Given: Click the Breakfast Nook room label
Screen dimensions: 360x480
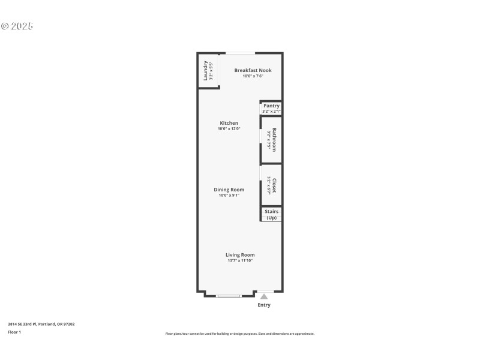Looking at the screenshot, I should point(253,70).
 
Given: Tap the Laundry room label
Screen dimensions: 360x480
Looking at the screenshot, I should point(206,70).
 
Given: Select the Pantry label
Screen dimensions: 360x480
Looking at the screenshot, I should point(271,106).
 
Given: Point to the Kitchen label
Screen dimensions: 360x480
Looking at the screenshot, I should point(229,123).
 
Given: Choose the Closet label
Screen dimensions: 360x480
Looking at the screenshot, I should point(274,185).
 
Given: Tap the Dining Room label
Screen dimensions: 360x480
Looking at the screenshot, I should point(229,190).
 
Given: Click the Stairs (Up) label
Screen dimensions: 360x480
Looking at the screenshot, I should point(271,214).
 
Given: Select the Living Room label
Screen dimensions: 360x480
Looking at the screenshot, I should point(240,254).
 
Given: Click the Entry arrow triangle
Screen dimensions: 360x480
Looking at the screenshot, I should point(263,296).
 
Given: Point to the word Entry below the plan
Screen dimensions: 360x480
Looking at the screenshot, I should point(264,305).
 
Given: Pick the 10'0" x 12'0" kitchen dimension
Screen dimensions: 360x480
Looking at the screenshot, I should point(229,129).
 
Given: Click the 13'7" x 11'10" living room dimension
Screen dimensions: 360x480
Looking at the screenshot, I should point(240,260).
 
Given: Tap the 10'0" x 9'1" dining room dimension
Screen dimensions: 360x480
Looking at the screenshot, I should point(229,195).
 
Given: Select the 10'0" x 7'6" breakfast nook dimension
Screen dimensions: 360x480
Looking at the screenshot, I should point(253,76).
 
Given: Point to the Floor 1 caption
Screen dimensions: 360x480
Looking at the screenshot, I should point(14,332).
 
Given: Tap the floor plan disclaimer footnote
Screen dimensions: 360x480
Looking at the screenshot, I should point(239,334).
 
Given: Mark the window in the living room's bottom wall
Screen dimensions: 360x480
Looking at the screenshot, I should point(229,295).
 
